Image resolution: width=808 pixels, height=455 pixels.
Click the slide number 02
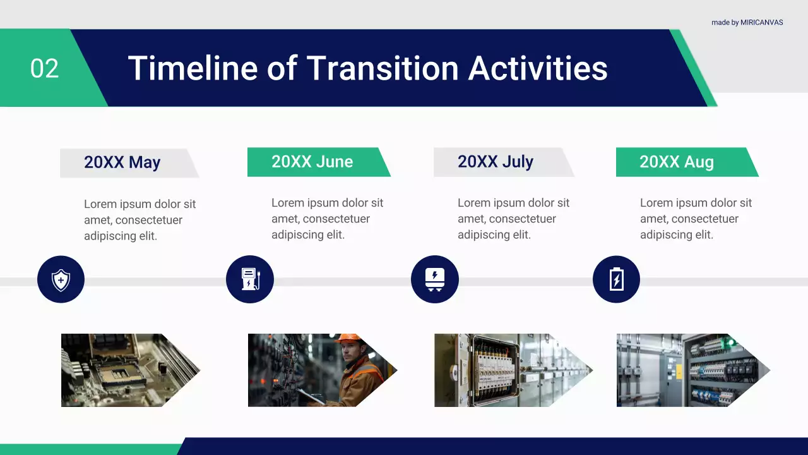tap(44, 68)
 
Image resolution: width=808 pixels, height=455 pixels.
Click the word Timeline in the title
tap(193, 68)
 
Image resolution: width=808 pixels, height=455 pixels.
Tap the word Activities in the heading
tap(538, 68)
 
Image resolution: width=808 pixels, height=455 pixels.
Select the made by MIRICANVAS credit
tap(747, 22)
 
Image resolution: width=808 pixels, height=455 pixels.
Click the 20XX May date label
tap(122, 162)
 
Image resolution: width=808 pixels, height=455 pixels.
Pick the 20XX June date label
tap(312, 161)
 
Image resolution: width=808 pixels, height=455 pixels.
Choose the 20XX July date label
tap(496, 161)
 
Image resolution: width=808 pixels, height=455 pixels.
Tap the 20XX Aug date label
tap(677, 162)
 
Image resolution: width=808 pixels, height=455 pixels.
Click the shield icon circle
tap(61, 279)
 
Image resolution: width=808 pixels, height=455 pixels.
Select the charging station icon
tap(250, 279)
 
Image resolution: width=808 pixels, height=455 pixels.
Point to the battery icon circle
tap(617, 279)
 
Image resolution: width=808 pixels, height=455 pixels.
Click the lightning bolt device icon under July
tap(435, 279)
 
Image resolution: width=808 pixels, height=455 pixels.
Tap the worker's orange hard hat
tap(348, 337)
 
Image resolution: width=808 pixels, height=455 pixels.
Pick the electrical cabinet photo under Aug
tap(693, 370)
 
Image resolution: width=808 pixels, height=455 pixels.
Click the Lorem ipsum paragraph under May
tap(140, 220)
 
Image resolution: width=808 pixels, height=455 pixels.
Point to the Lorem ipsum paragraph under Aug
tap(696, 219)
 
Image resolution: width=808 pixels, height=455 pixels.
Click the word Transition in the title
tap(383, 68)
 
